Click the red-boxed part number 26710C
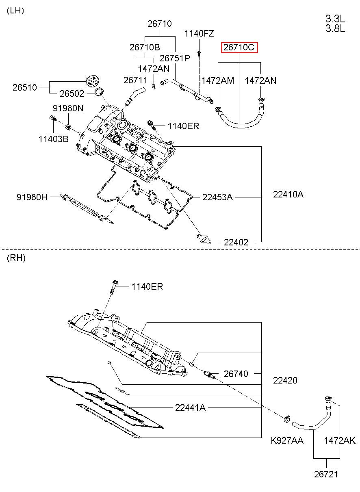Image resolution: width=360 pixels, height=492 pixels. click(239, 47)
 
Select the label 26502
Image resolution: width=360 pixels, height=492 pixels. click(72, 93)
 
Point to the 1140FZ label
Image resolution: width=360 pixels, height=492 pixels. click(199, 34)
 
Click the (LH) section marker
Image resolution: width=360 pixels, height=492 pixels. click(15, 11)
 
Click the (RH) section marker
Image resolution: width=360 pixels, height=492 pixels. click(16, 258)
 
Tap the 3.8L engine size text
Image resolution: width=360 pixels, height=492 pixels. click(335, 28)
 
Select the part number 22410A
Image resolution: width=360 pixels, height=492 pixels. click(288, 194)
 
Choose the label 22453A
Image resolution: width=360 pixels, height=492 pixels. click(217, 197)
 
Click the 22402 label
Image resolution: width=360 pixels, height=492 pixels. click(236, 242)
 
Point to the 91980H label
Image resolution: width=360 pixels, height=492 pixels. click(32, 197)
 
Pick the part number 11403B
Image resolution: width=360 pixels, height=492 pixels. click(53, 139)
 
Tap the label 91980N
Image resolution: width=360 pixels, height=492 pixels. click(68, 108)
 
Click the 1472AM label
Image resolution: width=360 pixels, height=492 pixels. click(218, 80)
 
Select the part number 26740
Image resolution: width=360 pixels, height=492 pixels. click(236, 374)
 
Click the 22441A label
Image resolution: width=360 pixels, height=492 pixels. click(190, 407)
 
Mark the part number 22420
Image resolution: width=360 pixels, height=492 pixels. click(285, 380)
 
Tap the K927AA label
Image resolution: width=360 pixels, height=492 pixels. click(287, 440)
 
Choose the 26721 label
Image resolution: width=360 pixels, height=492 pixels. click(326, 475)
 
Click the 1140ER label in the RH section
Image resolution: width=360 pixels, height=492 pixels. click(147, 287)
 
